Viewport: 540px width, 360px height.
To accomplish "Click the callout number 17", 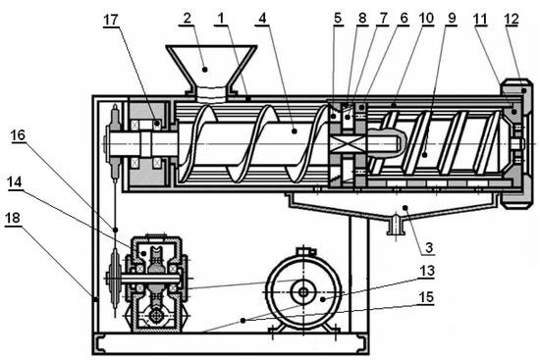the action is (x=111, y=20).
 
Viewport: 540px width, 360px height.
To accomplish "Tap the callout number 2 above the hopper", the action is (x=187, y=19).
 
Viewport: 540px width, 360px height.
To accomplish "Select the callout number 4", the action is (x=263, y=19).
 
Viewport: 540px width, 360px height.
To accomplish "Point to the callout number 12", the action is (x=512, y=19).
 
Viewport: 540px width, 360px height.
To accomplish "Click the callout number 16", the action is (x=18, y=135).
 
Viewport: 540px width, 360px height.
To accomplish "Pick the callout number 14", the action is (x=15, y=182).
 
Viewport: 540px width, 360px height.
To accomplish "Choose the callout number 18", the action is (x=13, y=218).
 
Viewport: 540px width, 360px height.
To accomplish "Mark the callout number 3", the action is (x=429, y=247).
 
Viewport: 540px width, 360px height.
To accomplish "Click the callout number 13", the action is (x=426, y=271).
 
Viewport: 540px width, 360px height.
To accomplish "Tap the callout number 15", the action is (x=426, y=296).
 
